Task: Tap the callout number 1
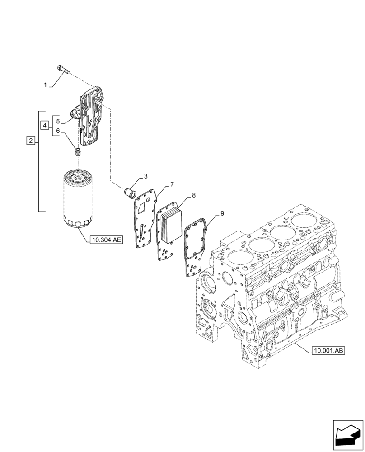tap(45, 85)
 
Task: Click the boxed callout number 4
tap(44, 125)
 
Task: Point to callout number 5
tap(58, 121)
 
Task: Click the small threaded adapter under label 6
tap(77, 152)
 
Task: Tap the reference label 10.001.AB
tap(328, 350)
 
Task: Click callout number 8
tap(193, 195)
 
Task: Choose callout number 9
tap(222, 212)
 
